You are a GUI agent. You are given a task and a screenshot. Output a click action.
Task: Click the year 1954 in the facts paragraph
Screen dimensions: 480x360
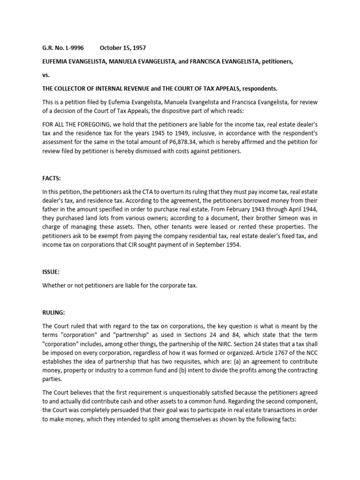(x=231, y=245)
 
